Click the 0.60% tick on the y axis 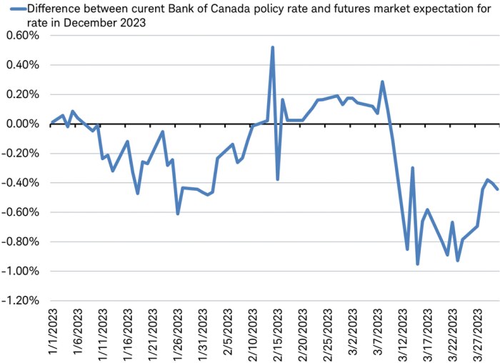coord(21,36)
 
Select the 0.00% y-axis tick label coord(21,124)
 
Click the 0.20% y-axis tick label coord(21,94)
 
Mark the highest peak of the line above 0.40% coord(273,48)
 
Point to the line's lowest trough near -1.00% coord(418,264)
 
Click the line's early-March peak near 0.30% coord(383,81)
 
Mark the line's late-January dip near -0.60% coord(178,213)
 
